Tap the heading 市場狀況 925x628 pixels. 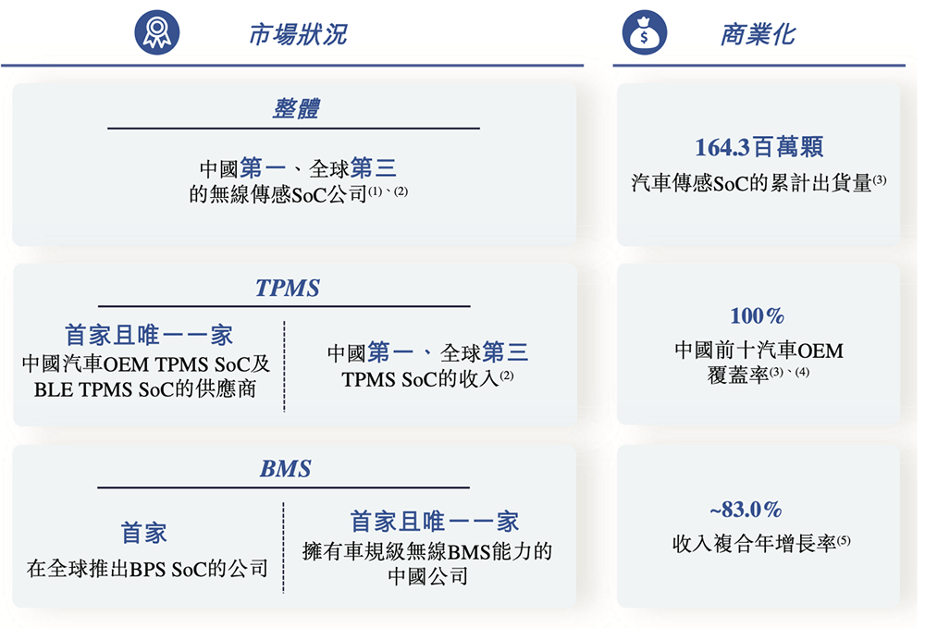point(297,35)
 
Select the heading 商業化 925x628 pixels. point(758,35)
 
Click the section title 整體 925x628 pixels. point(295,108)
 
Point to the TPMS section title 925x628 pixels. point(288,288)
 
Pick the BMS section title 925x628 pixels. point(285,468)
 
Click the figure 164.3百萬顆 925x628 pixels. point(758,147)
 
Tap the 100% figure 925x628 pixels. point(757,316)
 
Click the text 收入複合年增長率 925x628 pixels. point(755,544)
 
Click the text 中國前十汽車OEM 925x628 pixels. point(758,351)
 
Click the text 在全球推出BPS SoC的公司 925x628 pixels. point(146,568)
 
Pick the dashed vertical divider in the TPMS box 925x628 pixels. point(284,365)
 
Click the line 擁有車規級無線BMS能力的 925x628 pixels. point(427,553)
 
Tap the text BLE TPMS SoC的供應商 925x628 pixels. point(145,389)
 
